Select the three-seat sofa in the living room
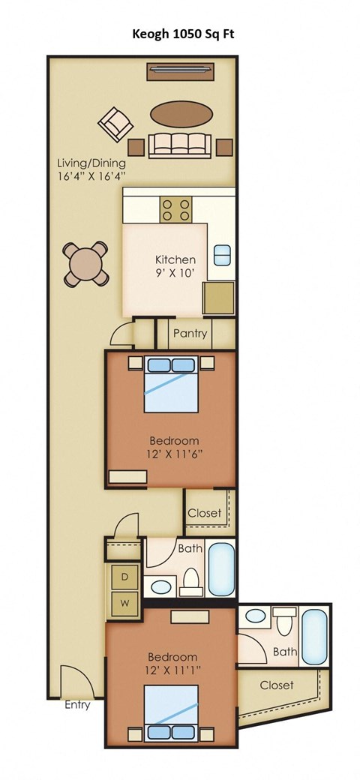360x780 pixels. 178,143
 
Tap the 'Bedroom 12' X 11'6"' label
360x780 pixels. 173,446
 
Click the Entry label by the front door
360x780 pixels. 77,705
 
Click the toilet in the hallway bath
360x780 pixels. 192,579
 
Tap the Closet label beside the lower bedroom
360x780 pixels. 277,685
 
